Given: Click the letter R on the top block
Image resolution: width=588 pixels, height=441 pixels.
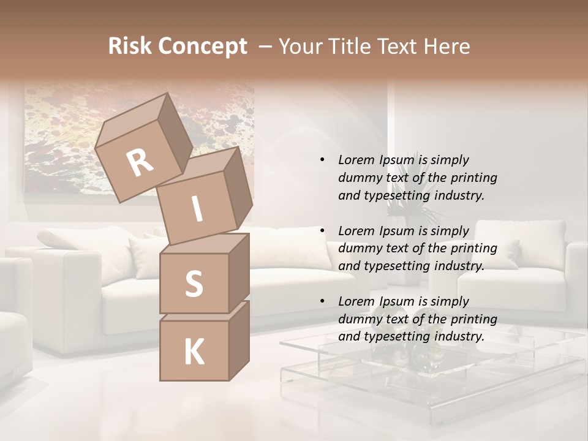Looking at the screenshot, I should [140, 162].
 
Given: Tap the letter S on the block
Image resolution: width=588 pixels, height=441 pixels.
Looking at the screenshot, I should [194, 284].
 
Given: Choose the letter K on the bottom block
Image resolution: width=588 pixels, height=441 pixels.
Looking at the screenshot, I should [194, 352].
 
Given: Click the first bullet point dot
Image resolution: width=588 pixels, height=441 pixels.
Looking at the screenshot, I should [322, 160].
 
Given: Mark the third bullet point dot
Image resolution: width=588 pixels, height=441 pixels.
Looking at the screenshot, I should [322, 302].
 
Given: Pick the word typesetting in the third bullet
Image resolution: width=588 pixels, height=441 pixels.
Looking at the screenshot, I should [396, 336].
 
